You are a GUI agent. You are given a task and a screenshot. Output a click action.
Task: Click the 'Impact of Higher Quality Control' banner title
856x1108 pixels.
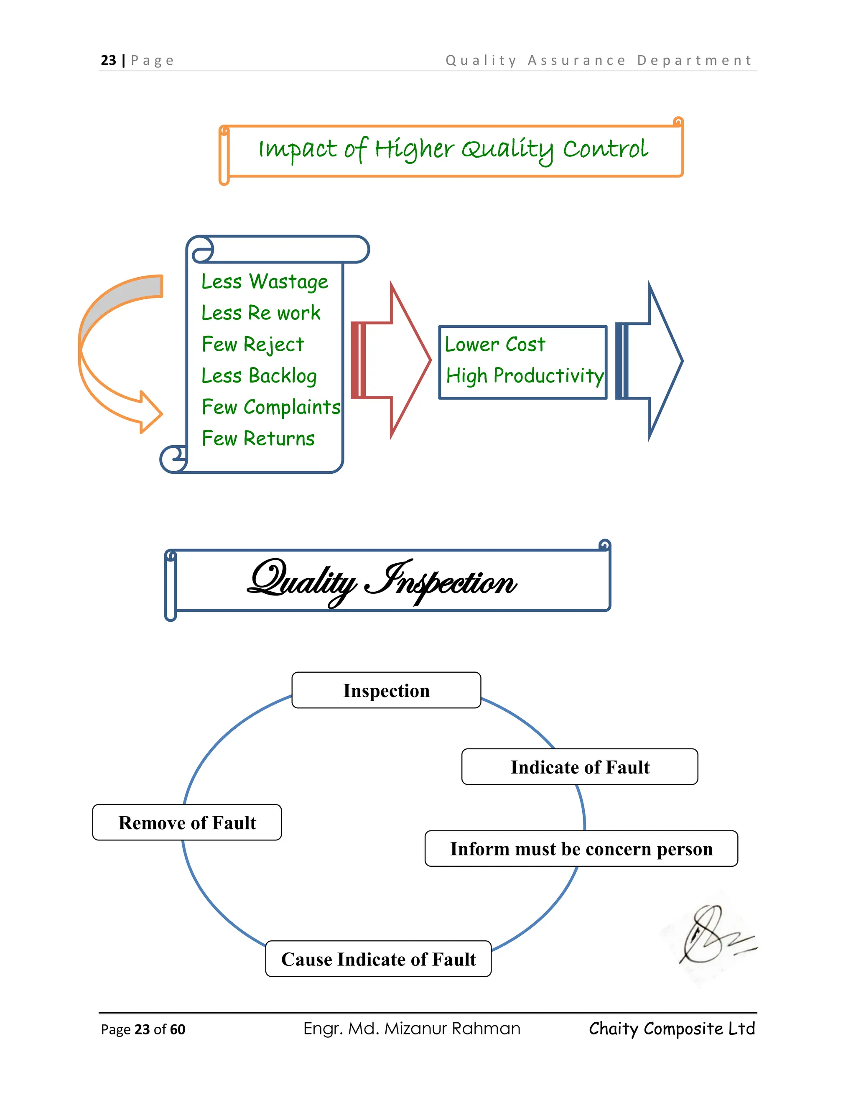pos(453,150)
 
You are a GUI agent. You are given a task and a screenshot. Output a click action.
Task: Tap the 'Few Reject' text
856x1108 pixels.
pos(252,345)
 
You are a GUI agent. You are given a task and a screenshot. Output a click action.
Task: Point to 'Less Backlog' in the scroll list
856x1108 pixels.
pos(259,376)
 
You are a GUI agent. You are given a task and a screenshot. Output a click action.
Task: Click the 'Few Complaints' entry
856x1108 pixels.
pos(271,407)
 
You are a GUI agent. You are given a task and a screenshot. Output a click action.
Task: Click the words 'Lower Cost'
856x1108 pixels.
pos(495,345)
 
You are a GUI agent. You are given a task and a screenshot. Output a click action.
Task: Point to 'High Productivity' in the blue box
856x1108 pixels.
pos(525,376)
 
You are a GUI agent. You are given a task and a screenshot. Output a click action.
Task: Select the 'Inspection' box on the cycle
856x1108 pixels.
pos(387,690)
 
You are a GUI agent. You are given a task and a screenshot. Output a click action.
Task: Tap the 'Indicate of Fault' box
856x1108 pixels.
pos(580,767)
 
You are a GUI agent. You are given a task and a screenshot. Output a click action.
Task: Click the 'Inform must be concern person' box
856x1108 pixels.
pos(581,849)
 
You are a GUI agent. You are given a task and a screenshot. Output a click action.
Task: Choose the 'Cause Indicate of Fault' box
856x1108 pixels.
pos(378,959)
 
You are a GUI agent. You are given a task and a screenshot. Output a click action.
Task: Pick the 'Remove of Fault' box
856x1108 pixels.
pos(187,822)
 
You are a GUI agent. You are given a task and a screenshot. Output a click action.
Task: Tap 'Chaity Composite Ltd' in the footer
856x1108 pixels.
pos(672,1029)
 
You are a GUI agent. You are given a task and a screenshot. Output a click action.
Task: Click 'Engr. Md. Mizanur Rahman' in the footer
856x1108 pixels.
pos(412,1029)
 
